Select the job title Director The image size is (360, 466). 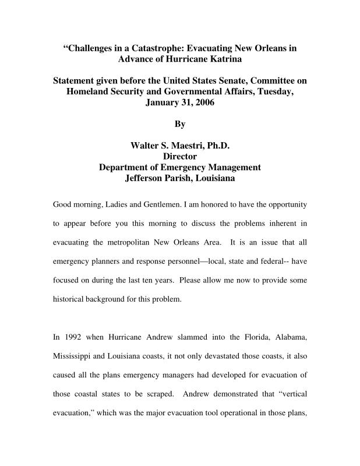[x=180, y=156]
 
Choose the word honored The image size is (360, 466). [x=205, y=205]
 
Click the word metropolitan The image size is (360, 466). [x=135, y=243]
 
